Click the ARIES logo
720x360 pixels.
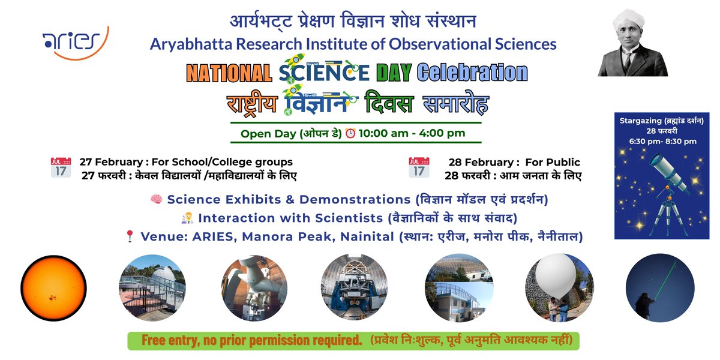pos(75,43)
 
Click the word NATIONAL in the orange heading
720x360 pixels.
pos(229,73)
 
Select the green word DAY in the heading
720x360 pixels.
pos(394,73)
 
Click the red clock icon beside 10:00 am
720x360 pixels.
pos(350,133)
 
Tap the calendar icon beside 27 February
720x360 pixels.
pos(61,167)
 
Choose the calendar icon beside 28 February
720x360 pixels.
pos(419,167)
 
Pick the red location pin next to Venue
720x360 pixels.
pos(129,236)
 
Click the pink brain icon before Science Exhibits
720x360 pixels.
pos(155,199)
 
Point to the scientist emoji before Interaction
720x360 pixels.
pos(187,218)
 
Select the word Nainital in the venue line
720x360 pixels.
pos(367,236)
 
